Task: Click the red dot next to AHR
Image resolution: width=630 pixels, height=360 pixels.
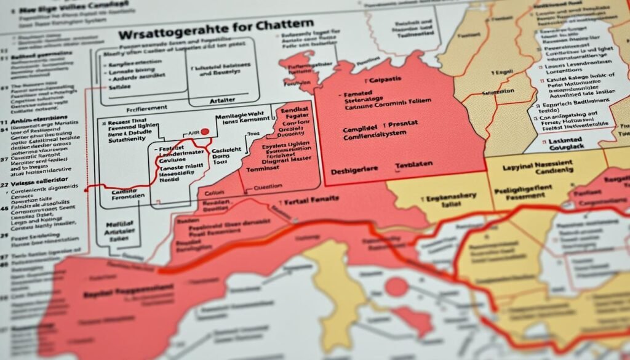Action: coord(204,131)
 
